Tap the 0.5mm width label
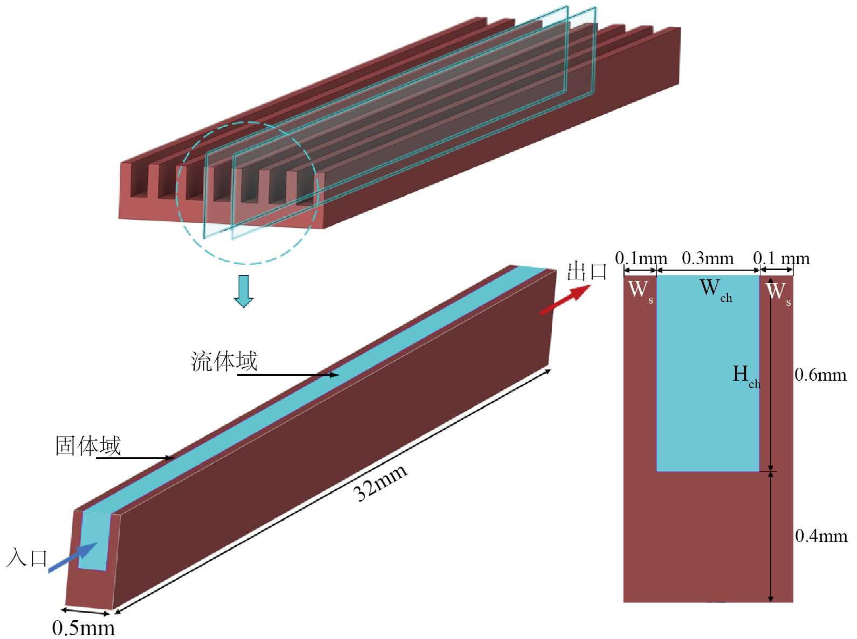[84, 628]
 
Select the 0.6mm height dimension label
[820, 375]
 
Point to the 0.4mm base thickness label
[821, 535]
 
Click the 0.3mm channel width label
[708, 258]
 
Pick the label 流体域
[224, 361]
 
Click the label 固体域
[88, 446]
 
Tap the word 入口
[27, 557]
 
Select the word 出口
[587, 271]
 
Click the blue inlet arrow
[72, 558]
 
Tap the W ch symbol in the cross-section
[715, 290]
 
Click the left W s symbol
[640, 291]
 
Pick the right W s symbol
[778, 293]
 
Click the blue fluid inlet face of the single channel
[93, 540]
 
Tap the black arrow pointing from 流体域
[288, 375]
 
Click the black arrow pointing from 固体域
[135, 458]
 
